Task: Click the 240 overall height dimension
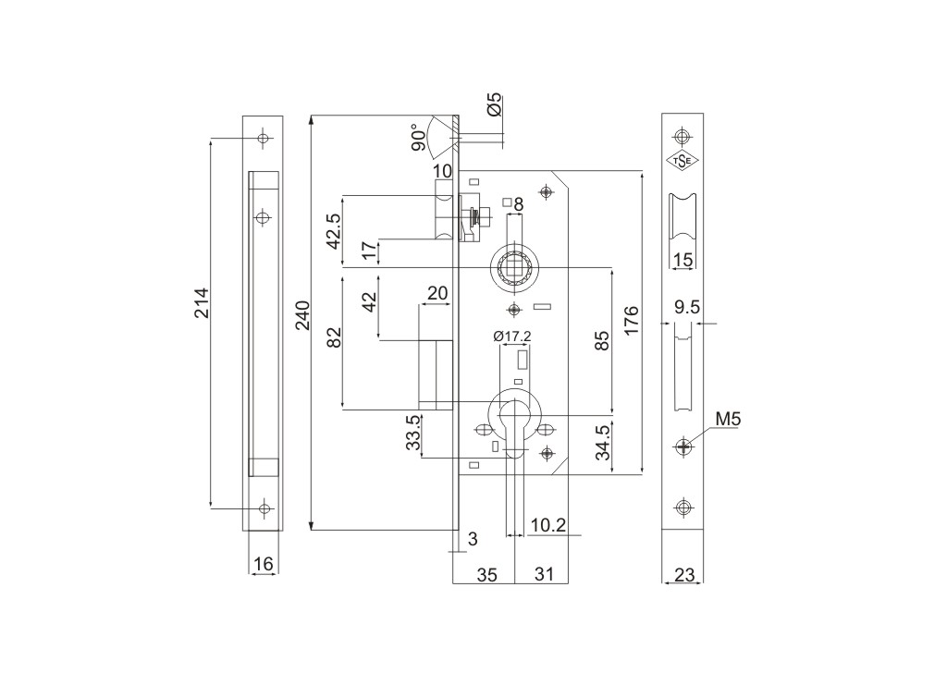tap(302, 315)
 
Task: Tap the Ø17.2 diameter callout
tap(512, 336)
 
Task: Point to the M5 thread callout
tap(727, 418)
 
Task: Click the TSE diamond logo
tap(683, 160)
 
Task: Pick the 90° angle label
tap(418, 138)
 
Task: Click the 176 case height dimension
tap(631, 321)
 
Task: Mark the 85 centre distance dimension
tap(603, 341)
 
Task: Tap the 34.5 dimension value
tap(603, 443)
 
